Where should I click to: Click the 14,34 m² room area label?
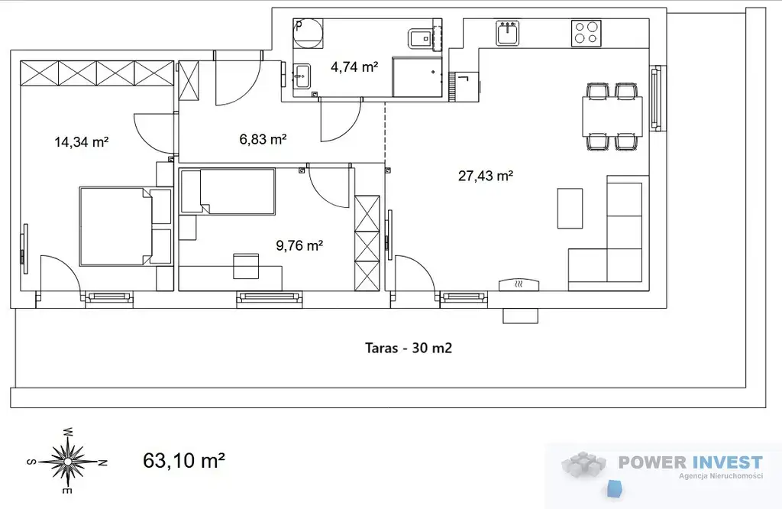tap(81, 142)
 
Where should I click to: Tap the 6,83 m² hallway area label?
tap(263, 139)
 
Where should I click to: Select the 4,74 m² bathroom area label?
tap(354, 66)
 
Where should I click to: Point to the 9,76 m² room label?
tap(299, 245)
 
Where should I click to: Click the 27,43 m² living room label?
tap(486, 176)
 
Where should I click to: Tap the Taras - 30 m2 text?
tap(409, 348)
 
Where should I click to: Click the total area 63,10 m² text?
tap(183, 460)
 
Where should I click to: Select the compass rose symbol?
tap(67, 461)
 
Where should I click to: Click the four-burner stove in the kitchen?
tap(586, 34)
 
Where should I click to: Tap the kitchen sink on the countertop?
tap(508, 34)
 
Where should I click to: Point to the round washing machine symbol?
tap(309, 34)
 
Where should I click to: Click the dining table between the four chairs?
tap(612, 117)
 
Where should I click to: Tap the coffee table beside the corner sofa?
tap(570, 209)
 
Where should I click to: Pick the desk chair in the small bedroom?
tap(246, 266)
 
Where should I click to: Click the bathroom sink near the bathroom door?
tap(302, 76)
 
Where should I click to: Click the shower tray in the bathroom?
tap(417, 77)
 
